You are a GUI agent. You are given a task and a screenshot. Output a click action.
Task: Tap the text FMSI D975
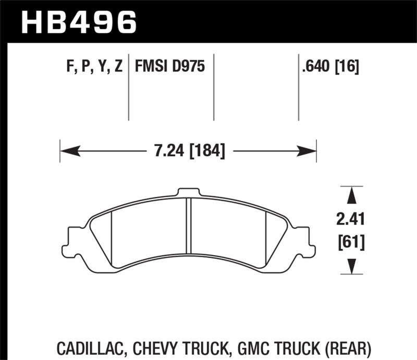[169, 67]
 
